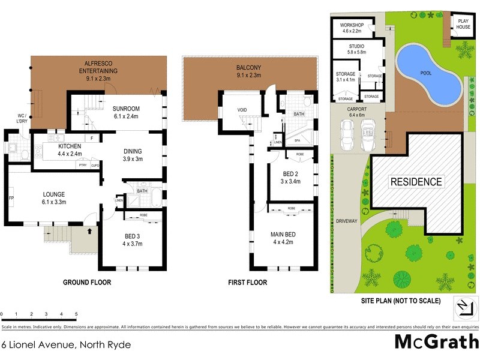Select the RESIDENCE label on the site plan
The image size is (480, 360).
(416, 182)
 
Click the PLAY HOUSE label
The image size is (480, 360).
(463, 23)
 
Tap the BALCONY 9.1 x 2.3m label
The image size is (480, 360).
(250, 71)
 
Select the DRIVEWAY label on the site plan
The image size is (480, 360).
(347, 221)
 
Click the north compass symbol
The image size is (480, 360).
(461, 308)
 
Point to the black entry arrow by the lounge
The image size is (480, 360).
(89, 229)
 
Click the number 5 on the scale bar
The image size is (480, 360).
(76, 314)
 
